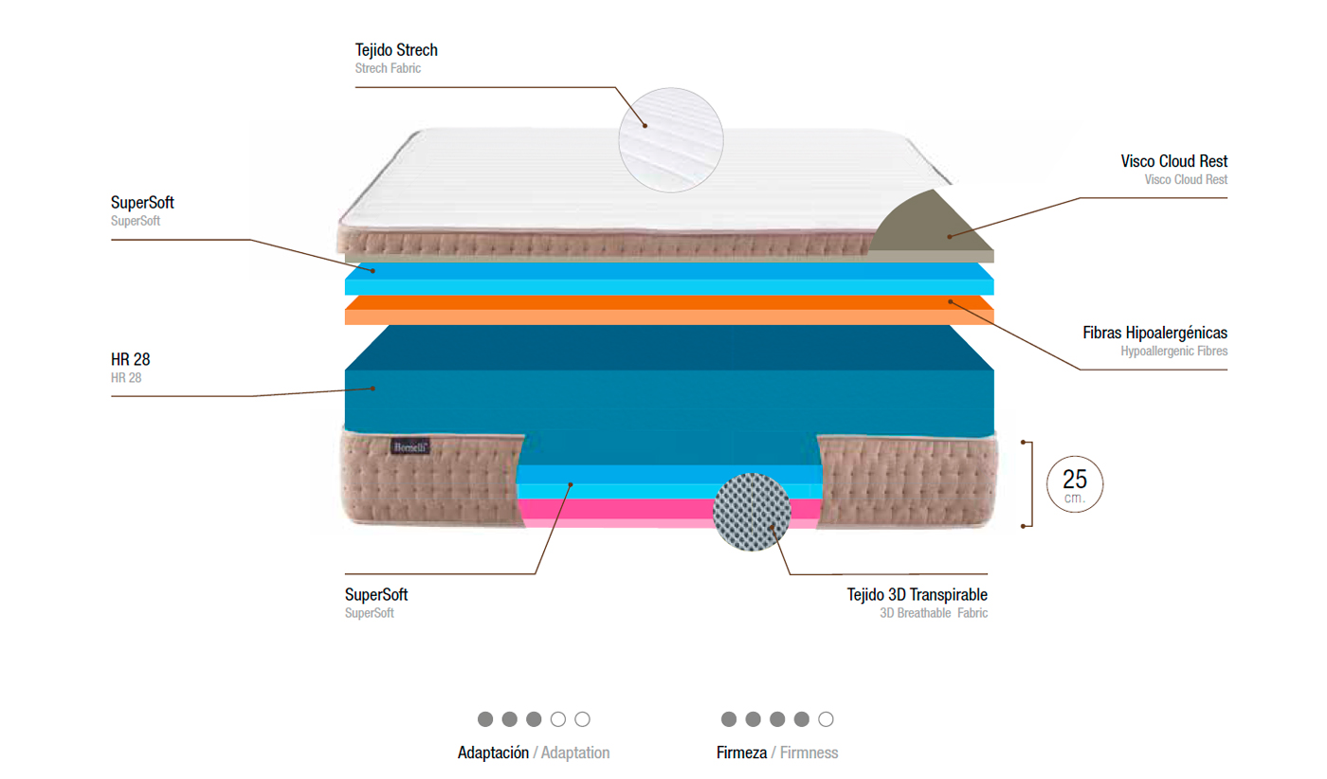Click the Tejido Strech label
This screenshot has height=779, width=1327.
[396, 50]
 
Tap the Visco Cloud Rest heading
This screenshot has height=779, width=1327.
[1173, 162]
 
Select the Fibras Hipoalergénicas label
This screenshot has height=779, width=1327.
[1154, 333]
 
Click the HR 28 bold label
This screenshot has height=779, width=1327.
[131, 360]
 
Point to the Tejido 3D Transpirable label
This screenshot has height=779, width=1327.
[917, 595]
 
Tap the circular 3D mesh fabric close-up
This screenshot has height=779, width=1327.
[752, 510]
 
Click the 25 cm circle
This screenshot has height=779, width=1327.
[1075, 483]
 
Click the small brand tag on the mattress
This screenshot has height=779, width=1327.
[409, 444]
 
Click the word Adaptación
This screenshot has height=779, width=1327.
[493, 753]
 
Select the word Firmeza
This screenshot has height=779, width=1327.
[741, 753]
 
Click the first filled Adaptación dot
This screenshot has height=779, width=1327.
[485, 719]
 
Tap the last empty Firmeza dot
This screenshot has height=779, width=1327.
[826, 719]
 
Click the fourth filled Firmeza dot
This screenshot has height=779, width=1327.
[801, 719]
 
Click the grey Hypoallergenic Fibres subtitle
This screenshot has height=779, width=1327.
[1173, 351]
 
